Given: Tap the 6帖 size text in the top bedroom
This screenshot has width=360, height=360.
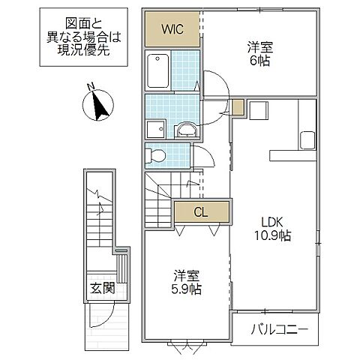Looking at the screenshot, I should (259, 60).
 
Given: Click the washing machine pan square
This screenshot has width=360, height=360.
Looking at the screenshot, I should (155, 128).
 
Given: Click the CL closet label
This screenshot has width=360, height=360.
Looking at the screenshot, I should (200, 212).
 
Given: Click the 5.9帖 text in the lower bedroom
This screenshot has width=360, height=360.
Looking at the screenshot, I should (184, 287).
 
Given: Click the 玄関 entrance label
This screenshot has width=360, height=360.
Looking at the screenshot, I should (103, 287).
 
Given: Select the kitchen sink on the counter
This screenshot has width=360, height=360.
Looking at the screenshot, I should (308, 140).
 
